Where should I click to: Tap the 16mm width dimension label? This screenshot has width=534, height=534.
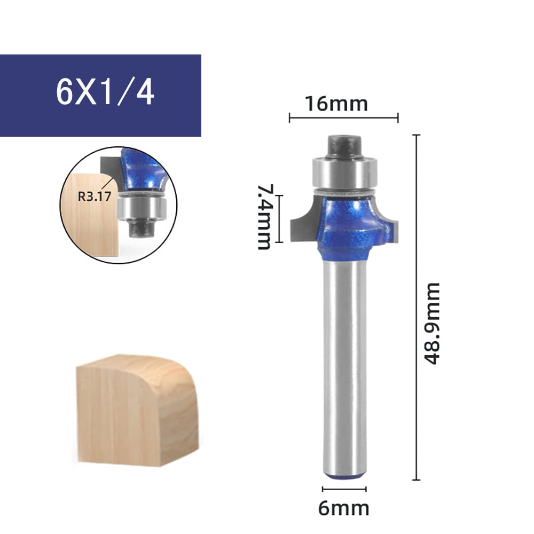pos(336,104)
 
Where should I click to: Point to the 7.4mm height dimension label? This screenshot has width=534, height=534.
pos(265,217)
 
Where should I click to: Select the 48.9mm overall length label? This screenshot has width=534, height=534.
pos(432,324)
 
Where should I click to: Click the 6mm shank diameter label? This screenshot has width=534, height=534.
pos(343,509)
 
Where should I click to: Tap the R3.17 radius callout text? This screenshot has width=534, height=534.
pos(95,197)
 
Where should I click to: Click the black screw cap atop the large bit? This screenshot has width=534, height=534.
pos(344,147)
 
